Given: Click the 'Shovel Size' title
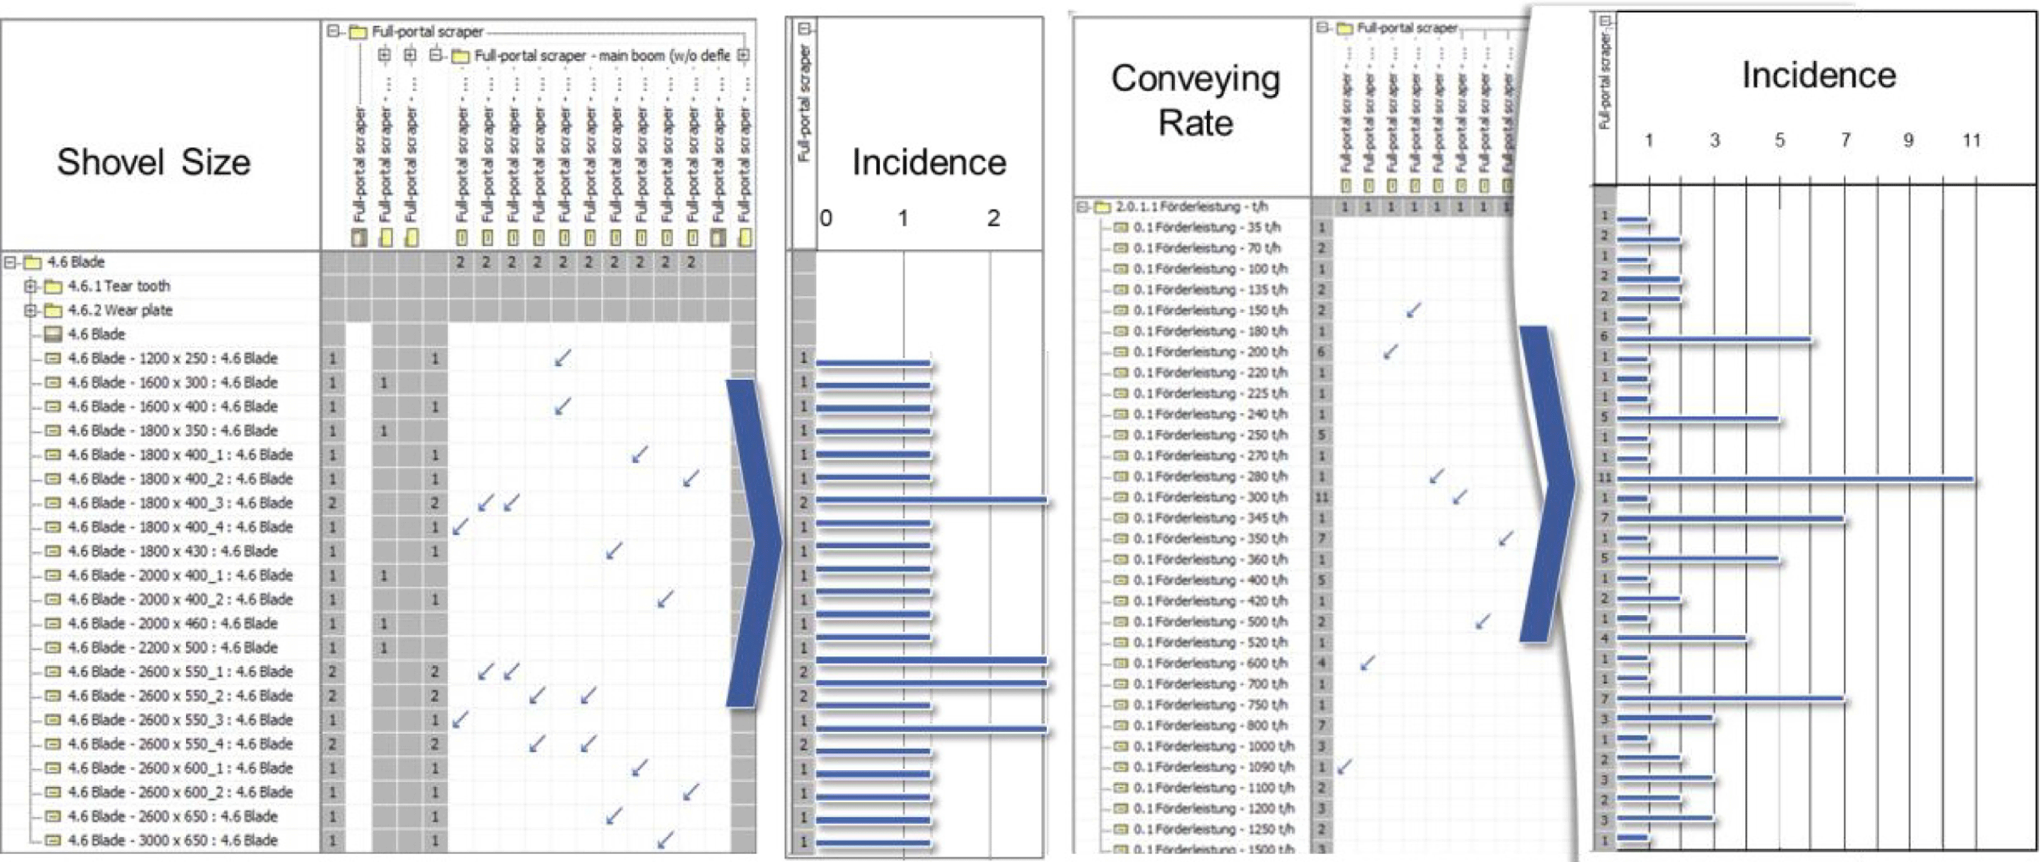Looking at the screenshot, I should (154, 162).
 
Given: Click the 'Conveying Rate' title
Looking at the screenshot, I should (1195, 101).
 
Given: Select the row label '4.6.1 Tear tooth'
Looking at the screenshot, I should (118, 286).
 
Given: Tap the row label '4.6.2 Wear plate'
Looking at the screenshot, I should (120, 310).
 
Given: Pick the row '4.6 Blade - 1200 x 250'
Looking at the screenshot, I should (172, 358).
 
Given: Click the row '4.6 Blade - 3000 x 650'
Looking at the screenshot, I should (172, 840).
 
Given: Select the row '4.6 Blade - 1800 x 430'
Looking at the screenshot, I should (172, 551).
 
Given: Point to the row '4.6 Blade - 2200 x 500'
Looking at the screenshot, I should (172, 647).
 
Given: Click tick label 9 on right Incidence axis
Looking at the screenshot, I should (1908, 140).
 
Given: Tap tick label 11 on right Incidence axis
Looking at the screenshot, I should (1972, 140).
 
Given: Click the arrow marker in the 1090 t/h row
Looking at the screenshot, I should (1344, 766).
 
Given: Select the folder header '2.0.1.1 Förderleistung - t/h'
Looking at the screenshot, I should (1191, 207).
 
